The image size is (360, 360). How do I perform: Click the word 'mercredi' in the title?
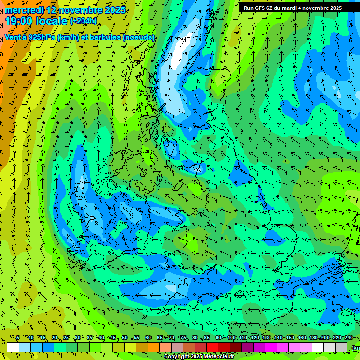(23, 10)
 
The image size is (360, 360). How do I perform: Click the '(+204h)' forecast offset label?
(83, 21)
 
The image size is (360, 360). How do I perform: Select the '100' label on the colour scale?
(231, 337)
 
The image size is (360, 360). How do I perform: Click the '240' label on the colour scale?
(348, 337)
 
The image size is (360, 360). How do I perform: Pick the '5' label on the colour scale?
(18, 337)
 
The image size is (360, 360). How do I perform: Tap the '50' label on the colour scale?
(125, 337)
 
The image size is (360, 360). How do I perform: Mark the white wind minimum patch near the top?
(177, 60)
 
